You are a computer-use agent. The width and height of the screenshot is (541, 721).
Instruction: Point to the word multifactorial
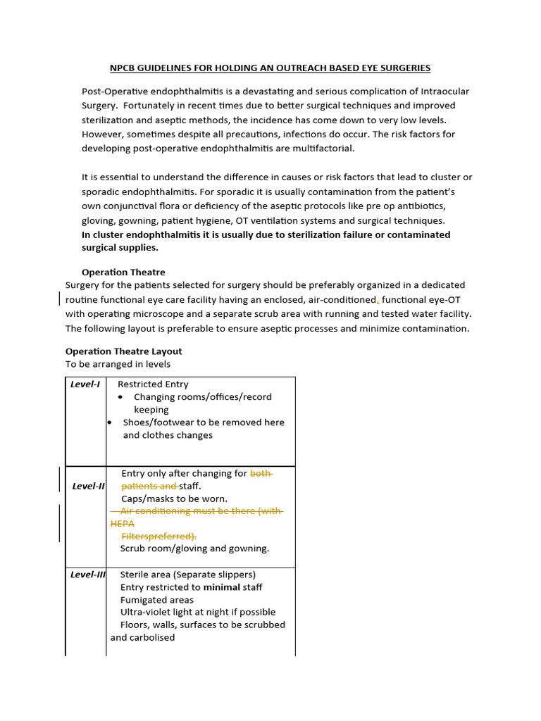(323, 148)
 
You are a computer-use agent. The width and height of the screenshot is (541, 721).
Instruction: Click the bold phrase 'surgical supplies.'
(120, 247)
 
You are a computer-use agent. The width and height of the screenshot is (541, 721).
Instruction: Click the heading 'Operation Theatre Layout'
(123, 351)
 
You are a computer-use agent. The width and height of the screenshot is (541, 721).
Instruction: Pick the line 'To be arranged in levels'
(118, 364)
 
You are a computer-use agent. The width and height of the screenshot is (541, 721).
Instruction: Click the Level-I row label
(85, 384)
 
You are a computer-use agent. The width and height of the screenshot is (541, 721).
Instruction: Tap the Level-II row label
(89, 487)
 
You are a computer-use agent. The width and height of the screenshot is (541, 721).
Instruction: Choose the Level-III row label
(88, 575)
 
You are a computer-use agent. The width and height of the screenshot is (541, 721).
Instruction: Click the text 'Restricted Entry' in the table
(153, 384)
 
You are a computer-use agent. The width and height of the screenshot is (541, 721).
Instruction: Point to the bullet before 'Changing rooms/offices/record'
(121, 397)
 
